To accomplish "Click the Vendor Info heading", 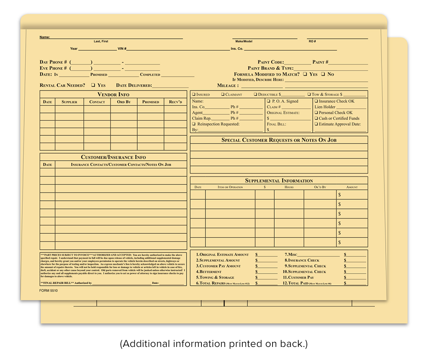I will (x=114, y=94).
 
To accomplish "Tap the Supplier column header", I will (x=69, y=102).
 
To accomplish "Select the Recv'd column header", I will (x=175, y=102).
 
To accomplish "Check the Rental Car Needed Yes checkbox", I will (x=93, y=85).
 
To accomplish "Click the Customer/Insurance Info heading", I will (x=114, y=157).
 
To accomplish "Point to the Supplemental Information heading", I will (x=279, y=180).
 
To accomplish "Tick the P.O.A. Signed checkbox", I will (x=269, y=102).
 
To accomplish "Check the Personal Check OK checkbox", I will (x=316, y=113).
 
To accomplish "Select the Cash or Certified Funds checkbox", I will (x=316, y=119).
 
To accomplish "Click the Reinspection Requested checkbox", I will (x=194, y=124).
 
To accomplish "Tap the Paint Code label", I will (x=271, y=62).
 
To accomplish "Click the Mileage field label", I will (x=227, y=85).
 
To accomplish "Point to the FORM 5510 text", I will (x=49, y=291).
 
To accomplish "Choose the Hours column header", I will (x=289, y=187).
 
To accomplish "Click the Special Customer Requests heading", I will (x=279, y=140).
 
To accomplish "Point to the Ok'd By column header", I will (x=320, y=187).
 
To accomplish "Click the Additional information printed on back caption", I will (x=214, y=344).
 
